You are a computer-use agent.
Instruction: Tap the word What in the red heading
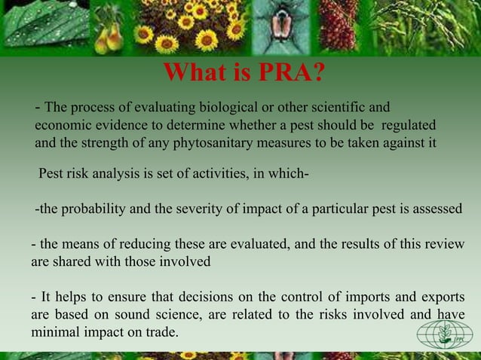[x=193, y=74]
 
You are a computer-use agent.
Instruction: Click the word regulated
[x=406, y=124]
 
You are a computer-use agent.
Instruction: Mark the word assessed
[x=435, y=209]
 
